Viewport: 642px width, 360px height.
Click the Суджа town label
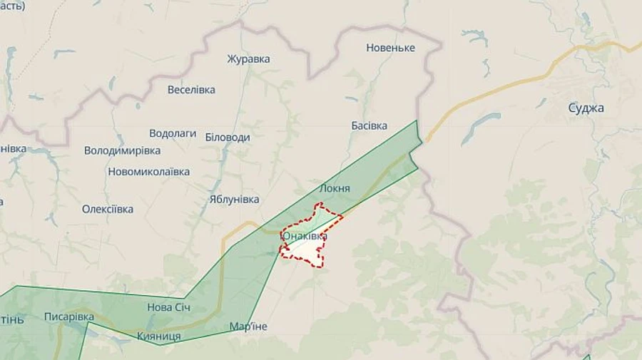coord(586,108)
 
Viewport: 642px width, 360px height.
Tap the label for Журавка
coord(248,58)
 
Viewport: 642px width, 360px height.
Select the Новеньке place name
coord(390,48)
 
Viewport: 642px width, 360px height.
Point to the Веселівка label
coord(191,90)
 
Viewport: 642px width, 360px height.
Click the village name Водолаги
coord(173,133)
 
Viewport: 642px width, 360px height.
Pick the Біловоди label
coord(228,137)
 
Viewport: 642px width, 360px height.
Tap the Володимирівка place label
coord(122,150)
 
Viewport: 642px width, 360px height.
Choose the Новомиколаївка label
coord(148,172)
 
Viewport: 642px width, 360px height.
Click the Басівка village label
coord(370,125)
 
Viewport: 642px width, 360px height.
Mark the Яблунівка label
coord(234,200)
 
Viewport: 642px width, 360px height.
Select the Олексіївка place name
coord(108,209)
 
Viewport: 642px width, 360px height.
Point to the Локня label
coord(335,188)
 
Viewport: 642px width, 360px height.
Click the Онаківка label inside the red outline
coord(305,236)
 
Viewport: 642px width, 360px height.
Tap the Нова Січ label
coord(168,307)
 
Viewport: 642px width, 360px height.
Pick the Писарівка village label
coord(68,317)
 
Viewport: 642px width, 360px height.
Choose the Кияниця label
coord(158,336)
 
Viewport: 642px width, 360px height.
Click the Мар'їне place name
coord(248,326)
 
